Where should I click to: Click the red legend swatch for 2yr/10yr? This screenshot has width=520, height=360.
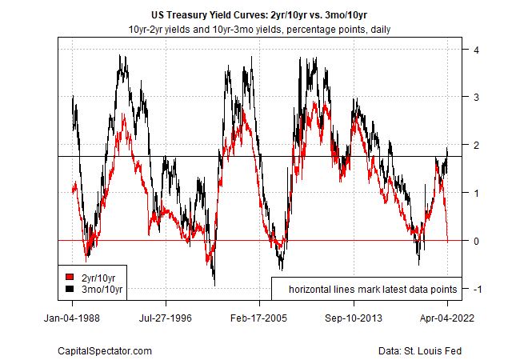click(70, 277)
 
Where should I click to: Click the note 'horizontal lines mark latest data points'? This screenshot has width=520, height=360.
click(373, 288)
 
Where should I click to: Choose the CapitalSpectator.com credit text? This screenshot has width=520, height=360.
click(105, 350)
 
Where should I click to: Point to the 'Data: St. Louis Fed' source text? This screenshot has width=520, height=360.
click(420, 350)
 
